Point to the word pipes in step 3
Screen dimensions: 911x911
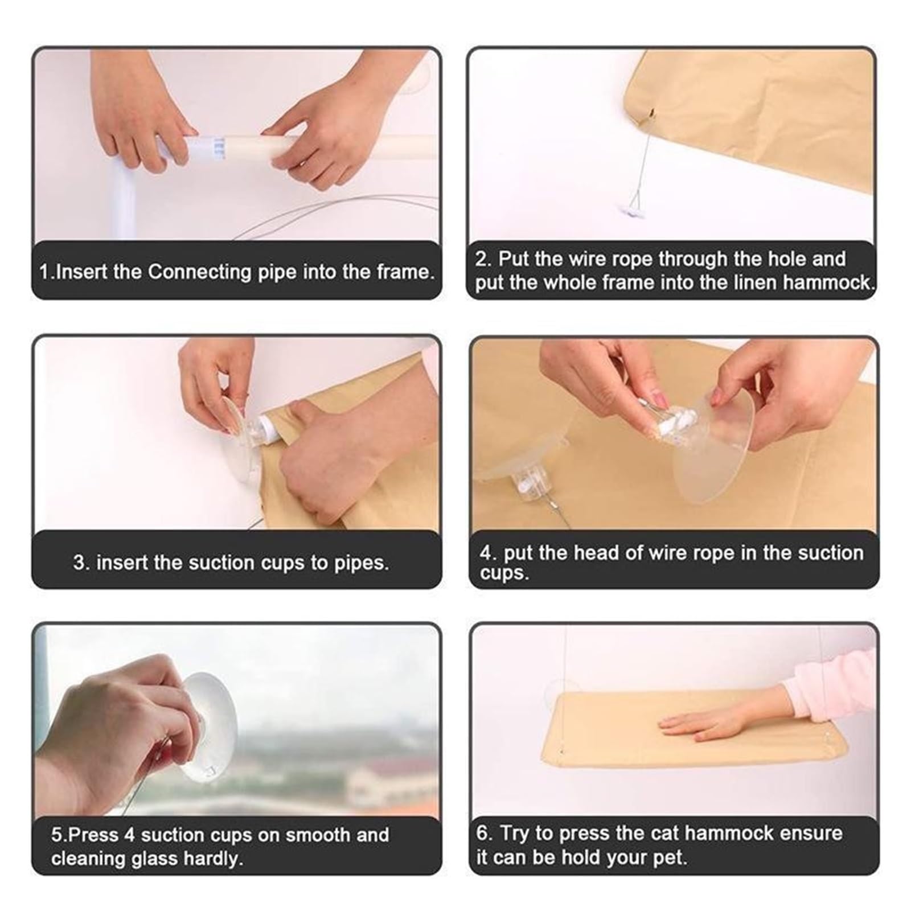point(358,563)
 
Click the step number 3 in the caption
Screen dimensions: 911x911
point(81,563)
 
